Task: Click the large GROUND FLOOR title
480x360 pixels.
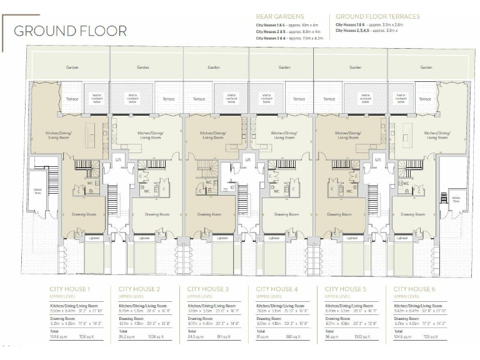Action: (70, 31)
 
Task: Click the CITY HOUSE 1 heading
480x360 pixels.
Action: (70, 289)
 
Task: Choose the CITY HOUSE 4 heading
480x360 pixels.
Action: (277, 289)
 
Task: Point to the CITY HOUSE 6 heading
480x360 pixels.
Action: (414, 289)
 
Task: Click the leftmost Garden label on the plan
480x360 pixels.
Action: (72, 67)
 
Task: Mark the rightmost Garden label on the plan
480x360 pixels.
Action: (426, 67)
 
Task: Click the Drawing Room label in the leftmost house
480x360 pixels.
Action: (84, 214)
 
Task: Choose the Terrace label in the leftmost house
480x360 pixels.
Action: (72, 99)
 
